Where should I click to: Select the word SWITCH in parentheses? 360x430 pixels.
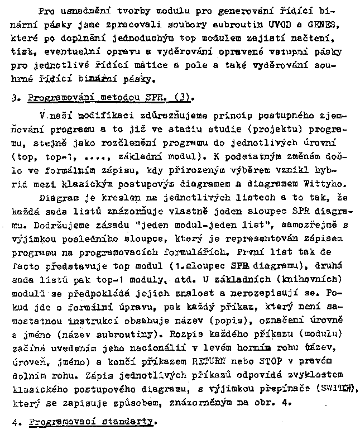coord(341,389)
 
